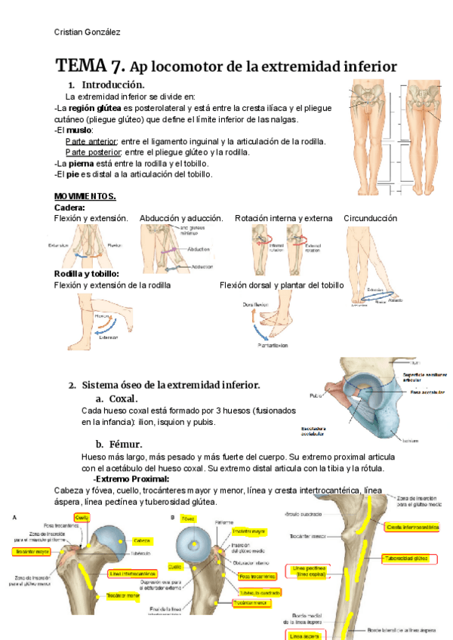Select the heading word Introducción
[112, 85]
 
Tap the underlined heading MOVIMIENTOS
[85, 196]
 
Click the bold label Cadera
[69, 207]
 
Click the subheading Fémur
[125, 444]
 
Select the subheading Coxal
[122, 398]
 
